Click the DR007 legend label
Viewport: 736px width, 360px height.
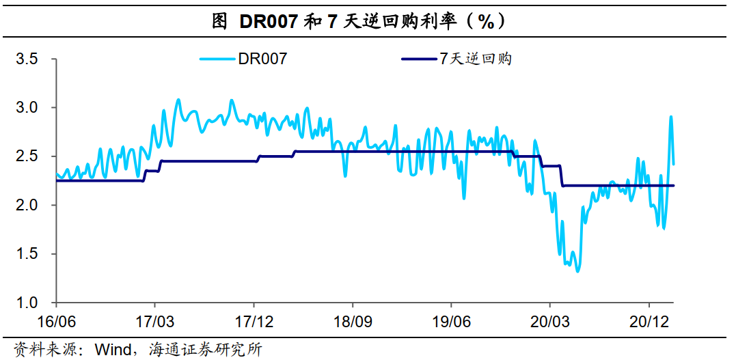pos(262,59)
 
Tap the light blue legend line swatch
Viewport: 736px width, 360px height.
pos(217,59)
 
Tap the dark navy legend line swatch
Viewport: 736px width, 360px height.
pos(418,59)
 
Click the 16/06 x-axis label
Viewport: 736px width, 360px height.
pos(56,320)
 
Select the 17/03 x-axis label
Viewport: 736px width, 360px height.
pos(154,320)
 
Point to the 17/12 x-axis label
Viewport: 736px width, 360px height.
pos(254,320)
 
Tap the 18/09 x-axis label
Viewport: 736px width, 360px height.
pos(352,320)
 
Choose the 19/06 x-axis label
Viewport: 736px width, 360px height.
pos(451,320)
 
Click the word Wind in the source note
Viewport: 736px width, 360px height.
pos(113,350)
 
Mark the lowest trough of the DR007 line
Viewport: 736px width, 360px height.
pos(577,272)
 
